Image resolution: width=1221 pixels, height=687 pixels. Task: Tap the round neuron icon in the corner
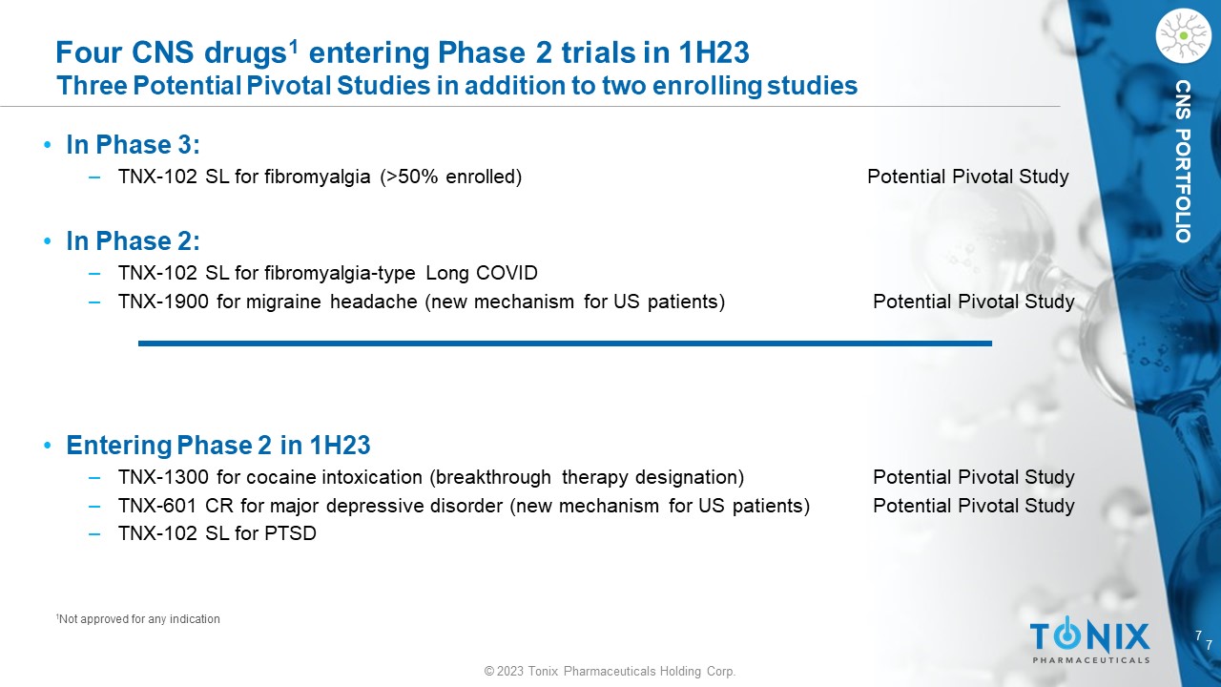coord(1184,35)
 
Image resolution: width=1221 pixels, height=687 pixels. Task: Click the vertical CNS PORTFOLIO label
coord(1183,161)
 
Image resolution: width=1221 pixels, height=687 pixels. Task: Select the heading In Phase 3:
coord(133,145)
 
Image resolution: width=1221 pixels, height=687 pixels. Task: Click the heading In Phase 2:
coord(133,241)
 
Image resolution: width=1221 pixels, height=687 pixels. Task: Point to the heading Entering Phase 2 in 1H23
coord(218,445)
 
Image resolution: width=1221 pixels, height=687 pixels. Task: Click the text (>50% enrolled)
coord(451,177)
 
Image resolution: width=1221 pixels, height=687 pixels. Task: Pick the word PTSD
coord(290,533)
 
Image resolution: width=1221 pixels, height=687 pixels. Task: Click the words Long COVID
coord(482,273)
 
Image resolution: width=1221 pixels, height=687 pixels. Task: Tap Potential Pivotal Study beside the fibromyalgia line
coord(967,177)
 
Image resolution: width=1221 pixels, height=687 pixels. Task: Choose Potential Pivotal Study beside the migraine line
coord(974,302)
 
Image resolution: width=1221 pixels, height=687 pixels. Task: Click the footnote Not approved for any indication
coord(138,619)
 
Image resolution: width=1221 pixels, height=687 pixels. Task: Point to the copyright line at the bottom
coord(610,671)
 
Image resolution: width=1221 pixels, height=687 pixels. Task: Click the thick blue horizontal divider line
coord(565,343)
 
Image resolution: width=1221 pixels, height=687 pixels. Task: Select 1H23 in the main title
coord(714,52)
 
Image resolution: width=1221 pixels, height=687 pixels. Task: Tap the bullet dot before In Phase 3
coord(48,145)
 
